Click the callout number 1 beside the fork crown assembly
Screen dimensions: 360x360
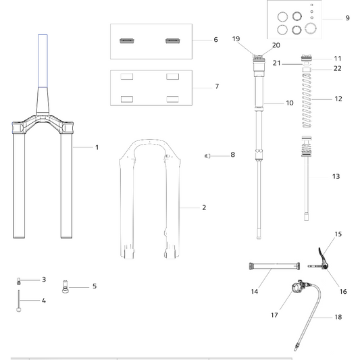pyautogui.click(x=97, y=147)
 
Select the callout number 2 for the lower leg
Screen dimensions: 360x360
pyautogui.click(x=204, y=207)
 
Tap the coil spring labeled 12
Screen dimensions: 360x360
pyautogui.click(x=307, y=101)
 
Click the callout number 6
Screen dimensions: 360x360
pyautogui.click(x=215, y=39)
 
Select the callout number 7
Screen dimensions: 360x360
pyautogui.click(x=217, y=86)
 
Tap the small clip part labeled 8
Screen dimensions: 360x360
pyautogui.click(x=207, y=156)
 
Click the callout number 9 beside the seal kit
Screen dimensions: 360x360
pyautogui.click(x=348, y=18)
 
